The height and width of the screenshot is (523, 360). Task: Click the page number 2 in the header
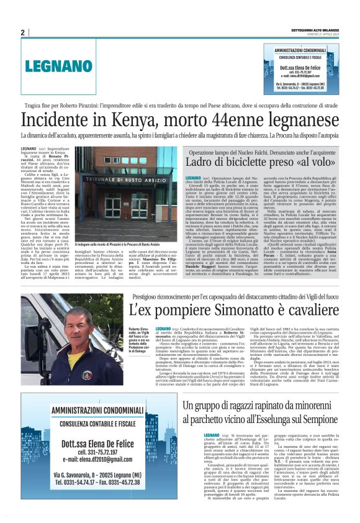pyautogui.click(x=22, y=32)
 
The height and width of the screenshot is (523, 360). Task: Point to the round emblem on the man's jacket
pyautogui.click(x=92, y=363)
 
